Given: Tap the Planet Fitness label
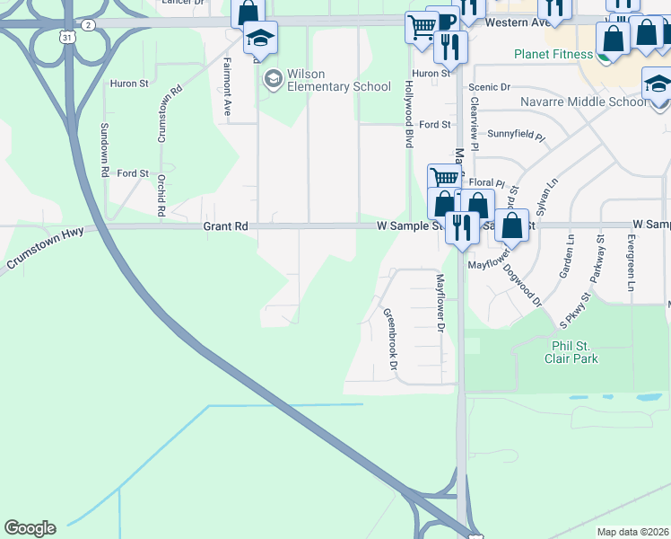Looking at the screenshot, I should [553, 54].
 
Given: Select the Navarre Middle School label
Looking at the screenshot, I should [583, 102].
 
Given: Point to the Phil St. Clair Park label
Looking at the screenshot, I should [571, 351].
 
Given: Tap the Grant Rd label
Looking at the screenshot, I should [224, 226].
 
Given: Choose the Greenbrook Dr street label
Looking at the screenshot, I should [390, 339].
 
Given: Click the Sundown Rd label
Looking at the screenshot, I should [105, 149].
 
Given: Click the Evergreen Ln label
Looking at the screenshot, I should [632, 262].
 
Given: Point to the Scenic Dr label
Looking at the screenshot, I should [492, 87].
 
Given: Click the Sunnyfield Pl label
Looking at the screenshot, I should [516, 132].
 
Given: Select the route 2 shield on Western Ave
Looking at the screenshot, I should [87, 25].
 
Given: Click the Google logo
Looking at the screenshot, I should [30, 528].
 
